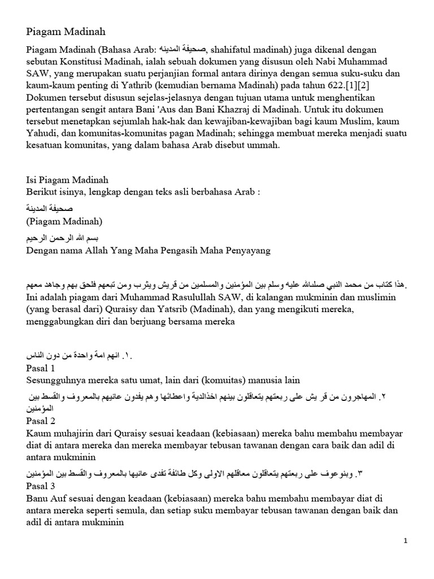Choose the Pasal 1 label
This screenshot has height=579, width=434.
[x=41, y=368]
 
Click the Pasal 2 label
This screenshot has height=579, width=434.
[x=41, y=422]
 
